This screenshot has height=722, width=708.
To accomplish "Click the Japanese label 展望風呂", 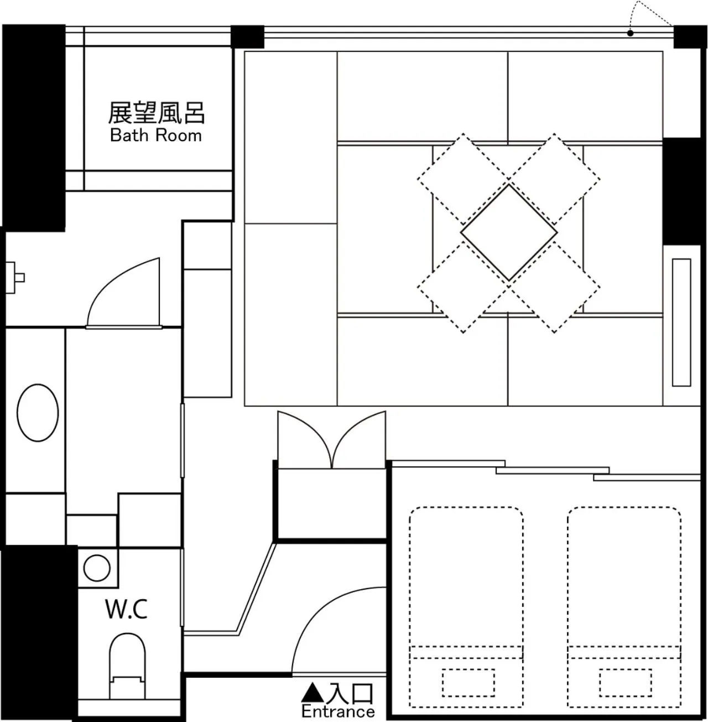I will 157,113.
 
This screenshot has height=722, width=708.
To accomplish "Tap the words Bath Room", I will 156,135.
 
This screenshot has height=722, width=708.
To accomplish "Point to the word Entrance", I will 338,711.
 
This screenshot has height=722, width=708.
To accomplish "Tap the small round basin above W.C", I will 97,568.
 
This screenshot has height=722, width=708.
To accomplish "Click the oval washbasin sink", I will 38,413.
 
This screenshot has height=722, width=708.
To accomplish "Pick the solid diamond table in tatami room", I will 509,233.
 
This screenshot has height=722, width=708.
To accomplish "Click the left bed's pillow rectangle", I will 468,683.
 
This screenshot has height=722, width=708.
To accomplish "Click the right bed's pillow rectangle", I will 626,683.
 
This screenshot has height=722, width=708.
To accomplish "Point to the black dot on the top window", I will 630,34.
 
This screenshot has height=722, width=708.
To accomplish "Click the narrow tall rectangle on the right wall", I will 681,323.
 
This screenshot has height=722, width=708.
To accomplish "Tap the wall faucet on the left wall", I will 15,277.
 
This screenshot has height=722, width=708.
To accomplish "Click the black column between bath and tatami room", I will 247,37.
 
